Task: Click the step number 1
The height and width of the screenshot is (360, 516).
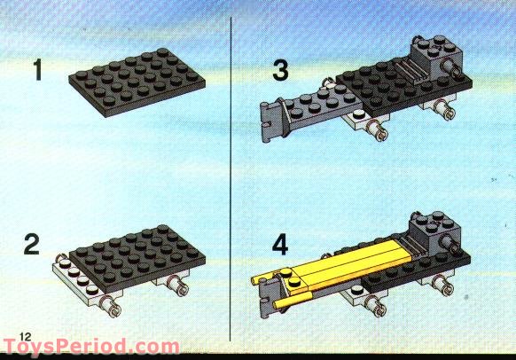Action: pyautogui.click(x=38, y=70)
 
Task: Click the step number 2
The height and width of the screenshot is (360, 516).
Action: pyautogui.click(x=32, y=244)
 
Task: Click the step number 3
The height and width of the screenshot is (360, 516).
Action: pyautogui.click(x=280, y=70)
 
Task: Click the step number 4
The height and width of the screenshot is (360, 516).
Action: pyautogui.click(x=280, y=245)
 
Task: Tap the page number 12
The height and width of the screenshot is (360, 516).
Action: pyautogui.click(x=26, y=336)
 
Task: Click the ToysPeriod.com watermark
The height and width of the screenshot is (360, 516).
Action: pyautogui.click(x=91, y=347)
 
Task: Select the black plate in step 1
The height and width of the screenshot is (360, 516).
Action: pyautogui.click(x=137, y=82)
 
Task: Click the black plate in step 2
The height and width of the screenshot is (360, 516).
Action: pyautogui.click(x=137, y=258)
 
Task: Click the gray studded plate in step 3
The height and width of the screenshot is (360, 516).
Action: pyautogui.click(x=323, y=106)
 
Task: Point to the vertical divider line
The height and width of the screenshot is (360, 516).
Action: pyautogui.click(x=231, y=179)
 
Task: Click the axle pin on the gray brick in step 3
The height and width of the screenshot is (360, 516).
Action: pyautogui.click(x=452, y=68)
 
